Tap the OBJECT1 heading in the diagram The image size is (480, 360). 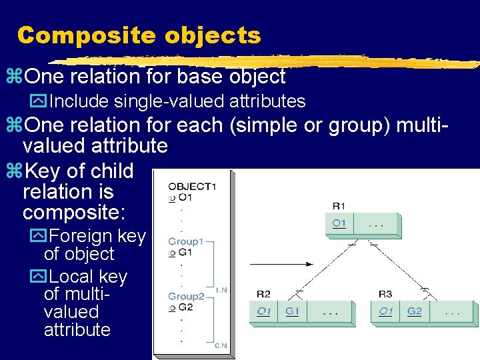tap(192, 186)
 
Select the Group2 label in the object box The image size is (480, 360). tap(186, 296)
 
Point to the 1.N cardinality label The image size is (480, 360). tap(222, 290)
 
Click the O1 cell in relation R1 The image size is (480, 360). tap(339, 223)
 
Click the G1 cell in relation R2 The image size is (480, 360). tap(291, 312)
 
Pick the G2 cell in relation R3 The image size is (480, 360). tap(415, 312)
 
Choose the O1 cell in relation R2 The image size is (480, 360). tap(264, 312)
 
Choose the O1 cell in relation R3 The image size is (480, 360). tap(385, 312)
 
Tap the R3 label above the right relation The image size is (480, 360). tap(385, 293)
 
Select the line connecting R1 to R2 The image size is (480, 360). tap(323, 267)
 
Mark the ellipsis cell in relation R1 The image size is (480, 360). tap(377, 223)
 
